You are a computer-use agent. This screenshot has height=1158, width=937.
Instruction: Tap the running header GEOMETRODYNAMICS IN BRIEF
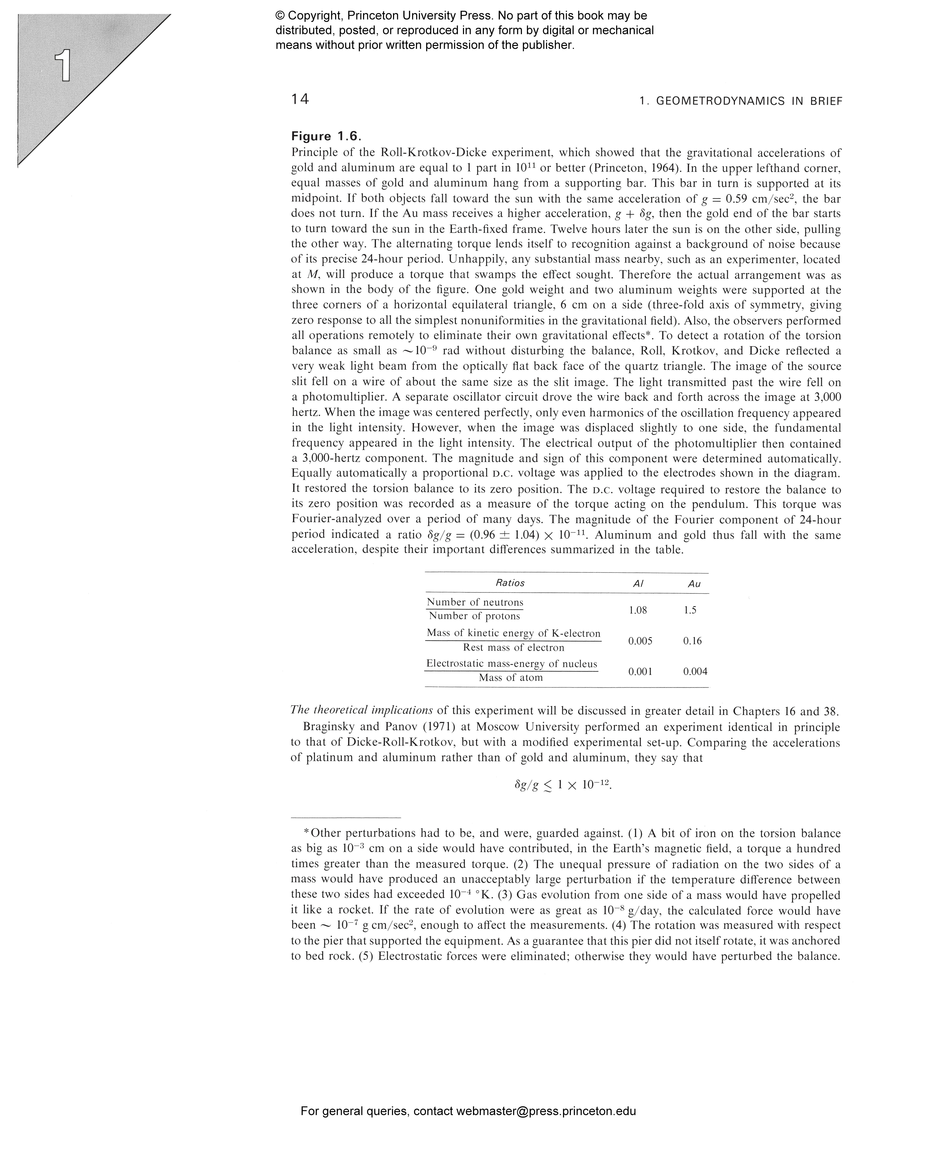[x=740, y=101]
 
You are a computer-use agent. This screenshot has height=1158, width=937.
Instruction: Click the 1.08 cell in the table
[x=637, y=610]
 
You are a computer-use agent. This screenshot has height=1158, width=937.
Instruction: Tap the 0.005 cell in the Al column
[x=640, y=641]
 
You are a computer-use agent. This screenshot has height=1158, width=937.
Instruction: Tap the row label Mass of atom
[x=511, y=678]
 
